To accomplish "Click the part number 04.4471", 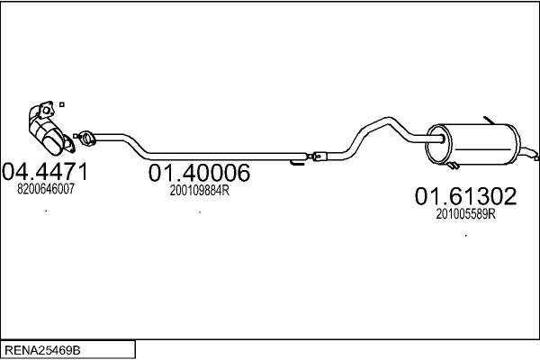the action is coord(45,172).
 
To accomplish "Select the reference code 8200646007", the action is coord(46,189).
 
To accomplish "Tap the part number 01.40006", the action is coord(200,173).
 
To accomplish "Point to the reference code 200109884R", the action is coord(200,190).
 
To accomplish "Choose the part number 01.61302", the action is coord(465,196).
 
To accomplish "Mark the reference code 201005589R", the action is coord(465,214).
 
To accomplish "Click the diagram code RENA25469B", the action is coord(42,350).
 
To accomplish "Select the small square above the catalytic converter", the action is coord(62,104).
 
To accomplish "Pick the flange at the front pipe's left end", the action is coord(86,138).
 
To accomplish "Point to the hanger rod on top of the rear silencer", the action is coord(489,121).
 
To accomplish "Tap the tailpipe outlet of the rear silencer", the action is coord(528,153).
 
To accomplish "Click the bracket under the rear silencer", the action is coord(453,165).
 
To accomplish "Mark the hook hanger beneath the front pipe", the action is coord(297,162).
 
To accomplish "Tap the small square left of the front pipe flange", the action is coord(76,136).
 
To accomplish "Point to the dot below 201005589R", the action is coord(466,236).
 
